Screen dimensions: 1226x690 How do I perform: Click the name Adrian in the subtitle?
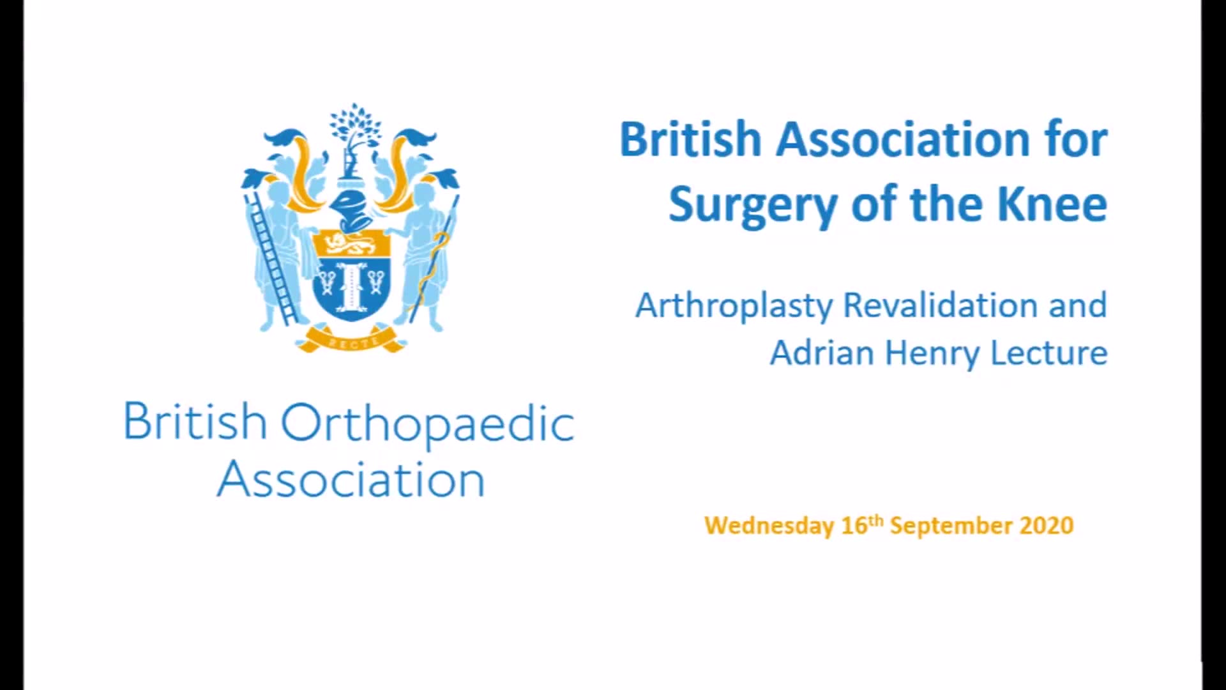822,353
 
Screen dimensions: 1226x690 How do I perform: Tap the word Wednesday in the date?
769,526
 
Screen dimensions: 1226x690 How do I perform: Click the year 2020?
1047,525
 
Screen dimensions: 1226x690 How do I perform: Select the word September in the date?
951,526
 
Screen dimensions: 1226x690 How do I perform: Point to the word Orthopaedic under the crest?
428,424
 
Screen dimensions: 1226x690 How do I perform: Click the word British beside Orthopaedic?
195,421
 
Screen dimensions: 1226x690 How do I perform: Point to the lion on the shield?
351,244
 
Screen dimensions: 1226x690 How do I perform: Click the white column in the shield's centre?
351,286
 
